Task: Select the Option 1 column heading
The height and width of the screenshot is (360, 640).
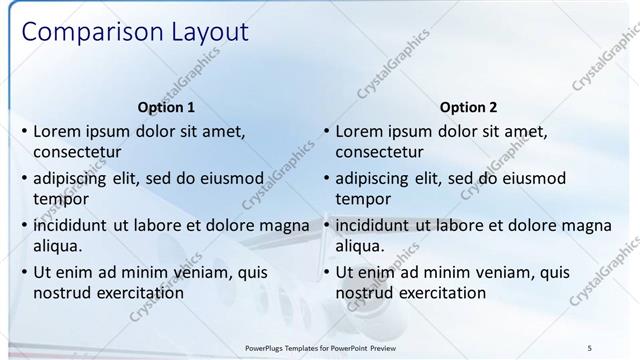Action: click(165, 107)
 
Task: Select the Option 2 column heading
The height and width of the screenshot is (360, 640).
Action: click(468, 107)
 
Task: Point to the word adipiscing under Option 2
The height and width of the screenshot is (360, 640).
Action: click(373, 179)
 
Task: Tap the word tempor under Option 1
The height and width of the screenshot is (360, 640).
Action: click(59, 199)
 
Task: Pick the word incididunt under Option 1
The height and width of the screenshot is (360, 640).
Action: click(75, 225)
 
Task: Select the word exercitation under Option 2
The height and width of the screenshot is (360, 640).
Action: click(441, 293)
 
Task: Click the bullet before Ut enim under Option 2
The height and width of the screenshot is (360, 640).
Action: click(327, 272)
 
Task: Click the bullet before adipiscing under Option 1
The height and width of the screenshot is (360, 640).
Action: click(24, 179)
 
